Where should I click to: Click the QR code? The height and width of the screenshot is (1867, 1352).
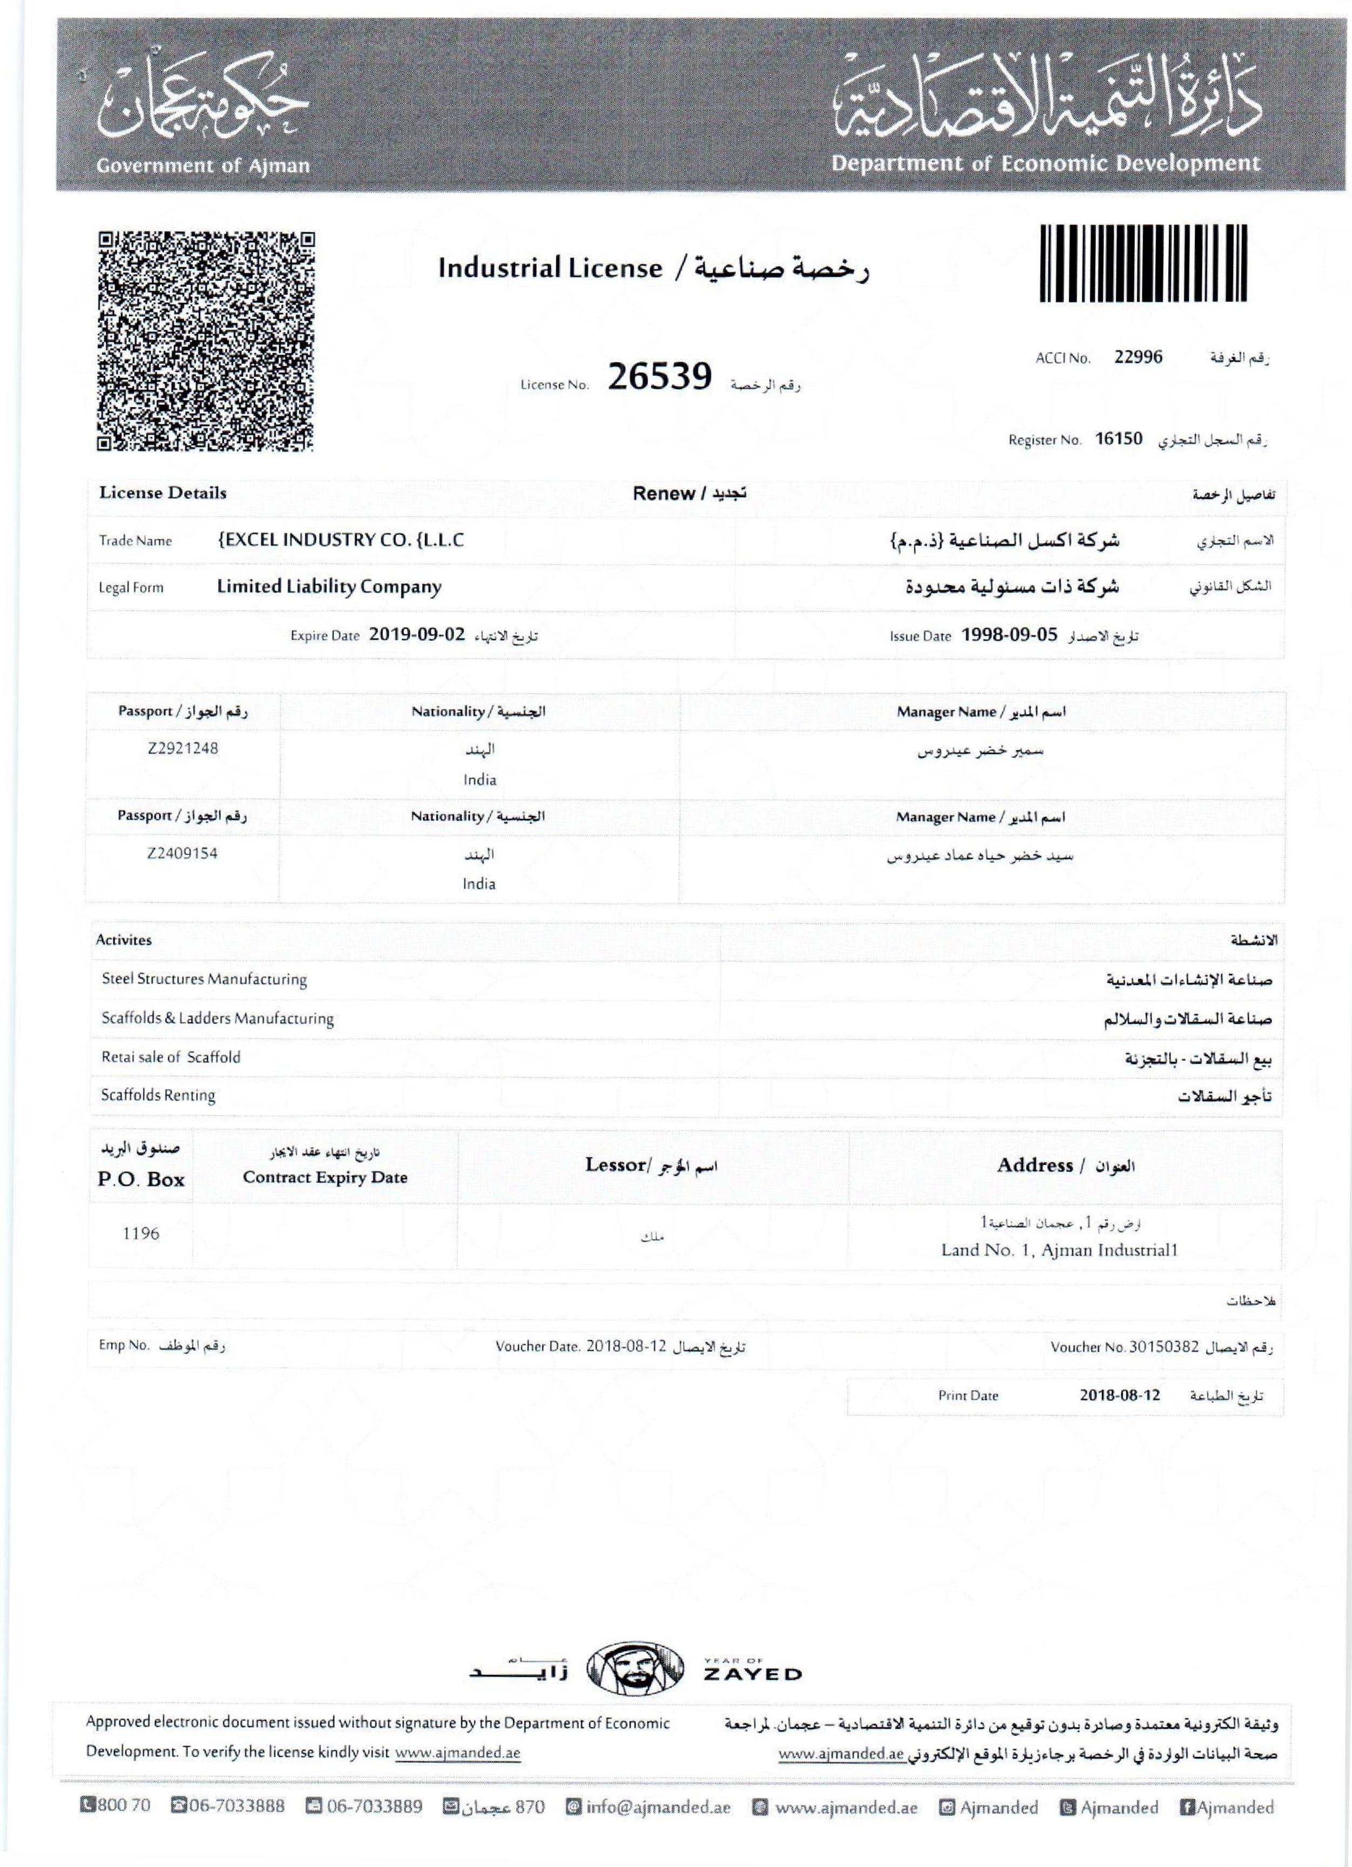point(206,341)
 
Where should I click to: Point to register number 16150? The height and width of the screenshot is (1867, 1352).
point(1118,439)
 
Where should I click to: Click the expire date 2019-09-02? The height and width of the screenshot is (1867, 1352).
point(417,635)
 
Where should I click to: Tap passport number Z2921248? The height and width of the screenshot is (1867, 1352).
point(183,748)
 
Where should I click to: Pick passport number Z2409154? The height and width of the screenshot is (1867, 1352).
point(183,853)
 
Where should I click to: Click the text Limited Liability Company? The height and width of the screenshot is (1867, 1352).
point(329,587)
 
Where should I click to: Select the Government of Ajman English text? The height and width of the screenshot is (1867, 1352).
point(204,165)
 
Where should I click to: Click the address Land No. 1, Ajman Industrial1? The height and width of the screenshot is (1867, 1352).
point(1060,1250)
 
